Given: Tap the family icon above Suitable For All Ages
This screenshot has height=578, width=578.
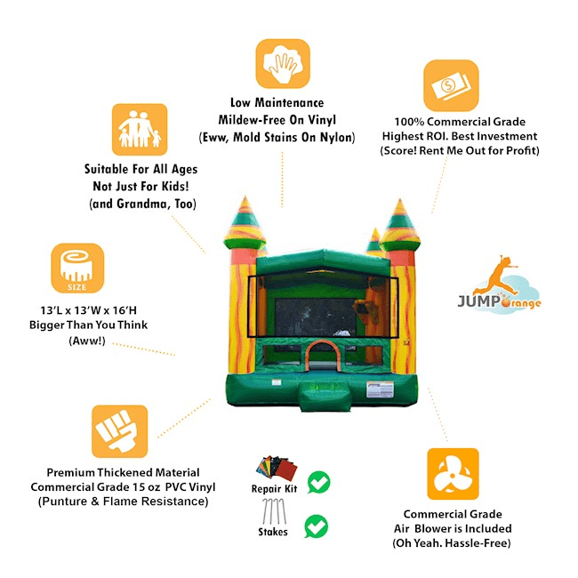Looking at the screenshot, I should (140, 130).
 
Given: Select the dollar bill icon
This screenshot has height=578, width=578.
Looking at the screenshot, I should (451, 85).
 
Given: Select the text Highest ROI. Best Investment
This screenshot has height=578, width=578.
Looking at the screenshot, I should (473, 135).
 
